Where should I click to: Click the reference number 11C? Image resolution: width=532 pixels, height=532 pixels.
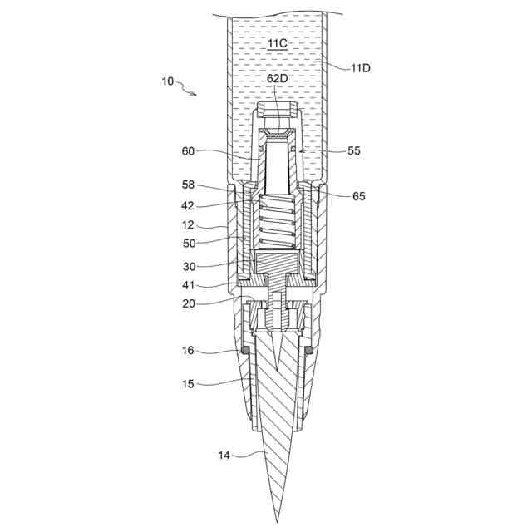pos(277,42)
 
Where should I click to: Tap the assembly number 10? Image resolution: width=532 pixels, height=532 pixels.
pos(168,81)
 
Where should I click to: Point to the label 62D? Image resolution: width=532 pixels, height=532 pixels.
pos(278,79)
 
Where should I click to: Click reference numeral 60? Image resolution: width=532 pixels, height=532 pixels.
pos(188,151)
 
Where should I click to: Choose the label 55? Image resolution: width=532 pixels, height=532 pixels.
pos(354,152)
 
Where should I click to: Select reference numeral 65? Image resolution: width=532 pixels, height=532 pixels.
pos(358,196)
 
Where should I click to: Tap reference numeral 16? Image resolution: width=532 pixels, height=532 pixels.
pos(188,351)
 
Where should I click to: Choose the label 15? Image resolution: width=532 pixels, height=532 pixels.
pos(188,383)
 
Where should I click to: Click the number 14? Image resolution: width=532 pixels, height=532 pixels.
pos(224,455)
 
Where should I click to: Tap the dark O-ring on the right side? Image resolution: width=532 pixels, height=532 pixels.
pos(309,352)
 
